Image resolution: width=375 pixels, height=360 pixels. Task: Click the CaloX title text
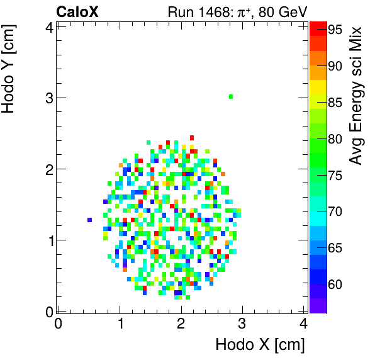[77, 11]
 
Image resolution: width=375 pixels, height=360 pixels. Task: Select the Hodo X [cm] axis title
[260, 345]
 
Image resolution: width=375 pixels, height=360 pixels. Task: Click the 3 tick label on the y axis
[47, 98]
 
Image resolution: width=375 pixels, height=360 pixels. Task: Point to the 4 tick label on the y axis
[47, 26]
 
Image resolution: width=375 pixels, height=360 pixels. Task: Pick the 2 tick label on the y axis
[47, 169]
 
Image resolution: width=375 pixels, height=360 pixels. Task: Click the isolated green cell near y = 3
[231, 96]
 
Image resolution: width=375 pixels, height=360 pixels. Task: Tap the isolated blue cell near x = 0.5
[90, 220]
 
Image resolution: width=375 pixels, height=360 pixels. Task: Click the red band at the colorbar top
[318, 26]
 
